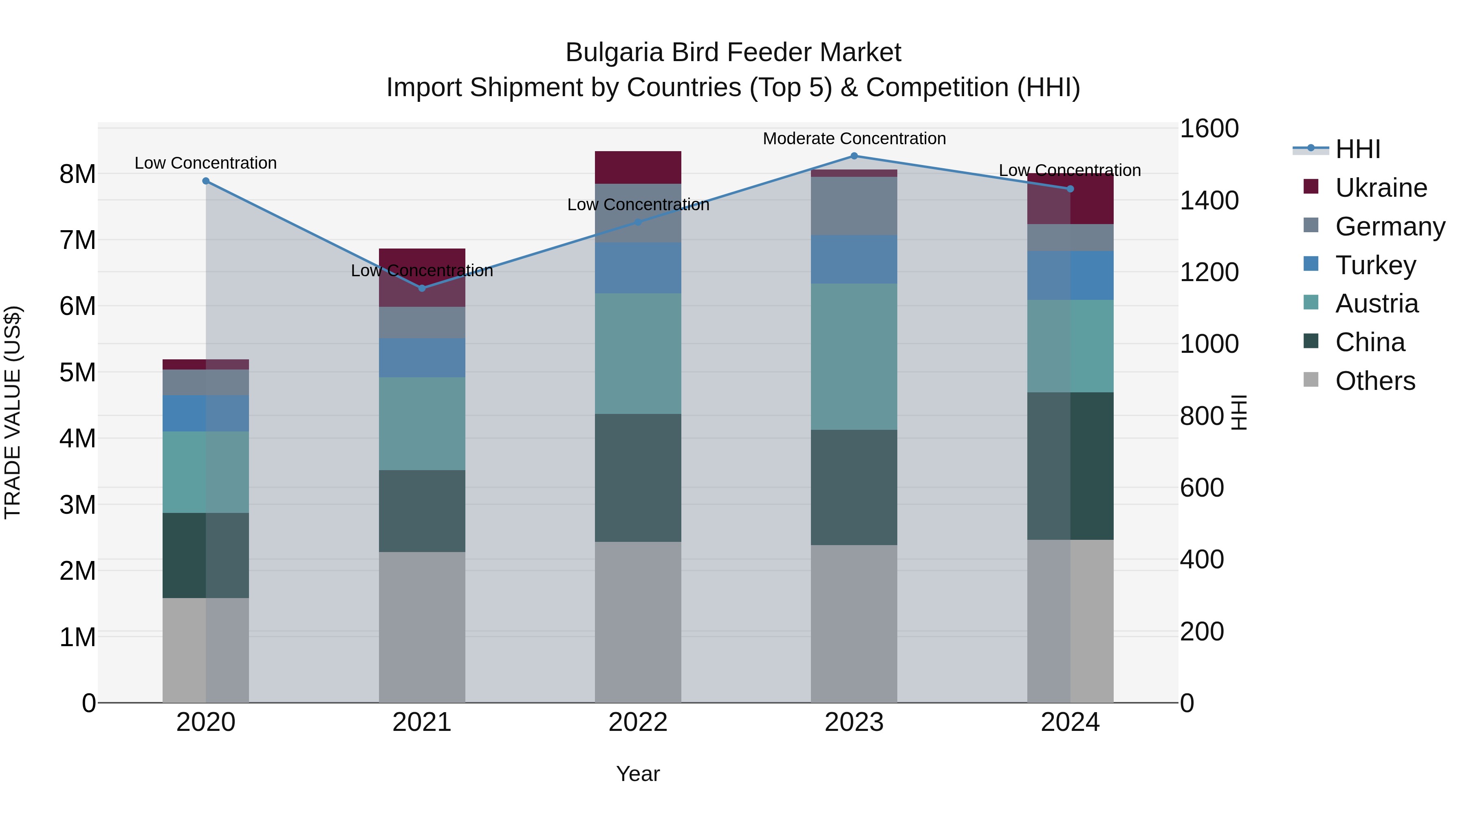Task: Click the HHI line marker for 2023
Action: pos(854,156)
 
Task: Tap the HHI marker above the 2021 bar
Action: pos(422,288)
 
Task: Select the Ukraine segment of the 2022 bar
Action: pos(638,167)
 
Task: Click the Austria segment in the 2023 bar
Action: pos(854,356)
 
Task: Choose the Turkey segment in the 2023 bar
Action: pos(854,259)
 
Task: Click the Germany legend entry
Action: pos(1390,227)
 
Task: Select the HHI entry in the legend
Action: pos(1357,149)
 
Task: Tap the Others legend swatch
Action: pos(1311,380)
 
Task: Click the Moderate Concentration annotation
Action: pos(854,139)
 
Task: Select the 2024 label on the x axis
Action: pos(1070,722)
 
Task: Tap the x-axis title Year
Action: pos(638,774)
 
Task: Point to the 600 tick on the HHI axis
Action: pos(1202,487)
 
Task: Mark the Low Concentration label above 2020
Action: pos(206,163)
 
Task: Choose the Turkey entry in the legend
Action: pos(1375,265)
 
